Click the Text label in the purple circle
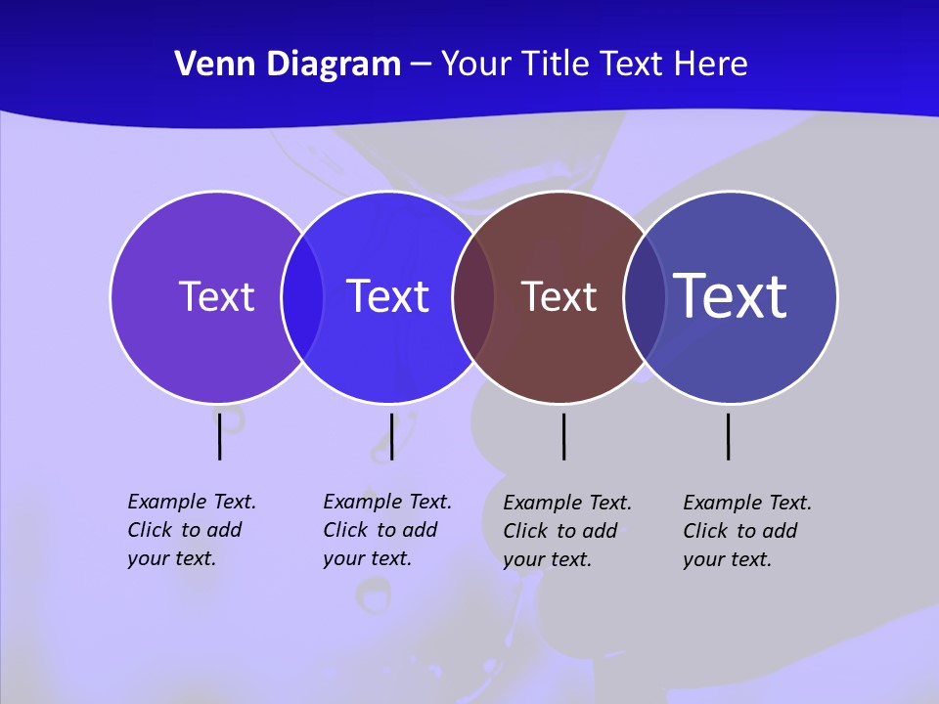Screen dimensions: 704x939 [216, 296]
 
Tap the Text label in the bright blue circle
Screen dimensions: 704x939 [388, 296]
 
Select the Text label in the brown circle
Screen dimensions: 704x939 [559, 296]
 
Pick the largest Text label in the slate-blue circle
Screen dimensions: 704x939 [731, 296]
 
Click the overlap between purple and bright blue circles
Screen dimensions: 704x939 [302, 296]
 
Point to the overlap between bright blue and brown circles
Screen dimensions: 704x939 [473, 296]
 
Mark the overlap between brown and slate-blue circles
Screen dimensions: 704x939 [645, 296]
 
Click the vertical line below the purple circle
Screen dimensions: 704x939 [220, 436]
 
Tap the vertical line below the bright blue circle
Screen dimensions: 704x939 [391, 436]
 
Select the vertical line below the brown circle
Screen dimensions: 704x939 [563, 436]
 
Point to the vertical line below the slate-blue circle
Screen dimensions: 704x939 [728, 436]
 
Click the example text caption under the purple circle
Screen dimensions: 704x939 [192, 530]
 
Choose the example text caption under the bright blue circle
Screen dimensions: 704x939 [387, 530]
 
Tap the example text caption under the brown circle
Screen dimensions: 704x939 [567, 531]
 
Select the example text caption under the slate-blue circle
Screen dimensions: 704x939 [747, 531]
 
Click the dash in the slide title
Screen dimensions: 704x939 [421, 65]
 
